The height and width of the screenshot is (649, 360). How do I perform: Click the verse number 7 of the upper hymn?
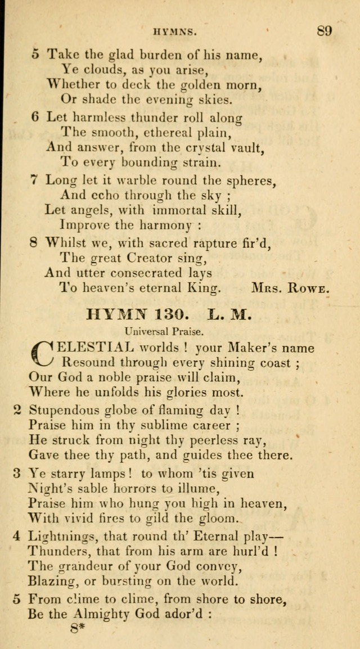click(x=34, y=181)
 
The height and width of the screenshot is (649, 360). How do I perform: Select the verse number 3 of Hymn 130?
click(x=17, y=473)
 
